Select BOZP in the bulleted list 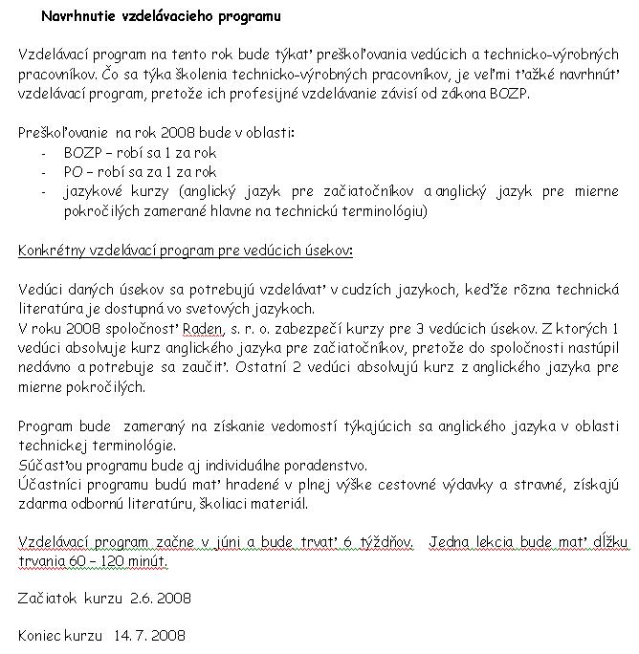tap(82, 152)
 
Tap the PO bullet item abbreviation tap(74, 172)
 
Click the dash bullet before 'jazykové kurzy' tap(44, 192)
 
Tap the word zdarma tap(40, 505)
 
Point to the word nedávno tap(46, 368)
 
